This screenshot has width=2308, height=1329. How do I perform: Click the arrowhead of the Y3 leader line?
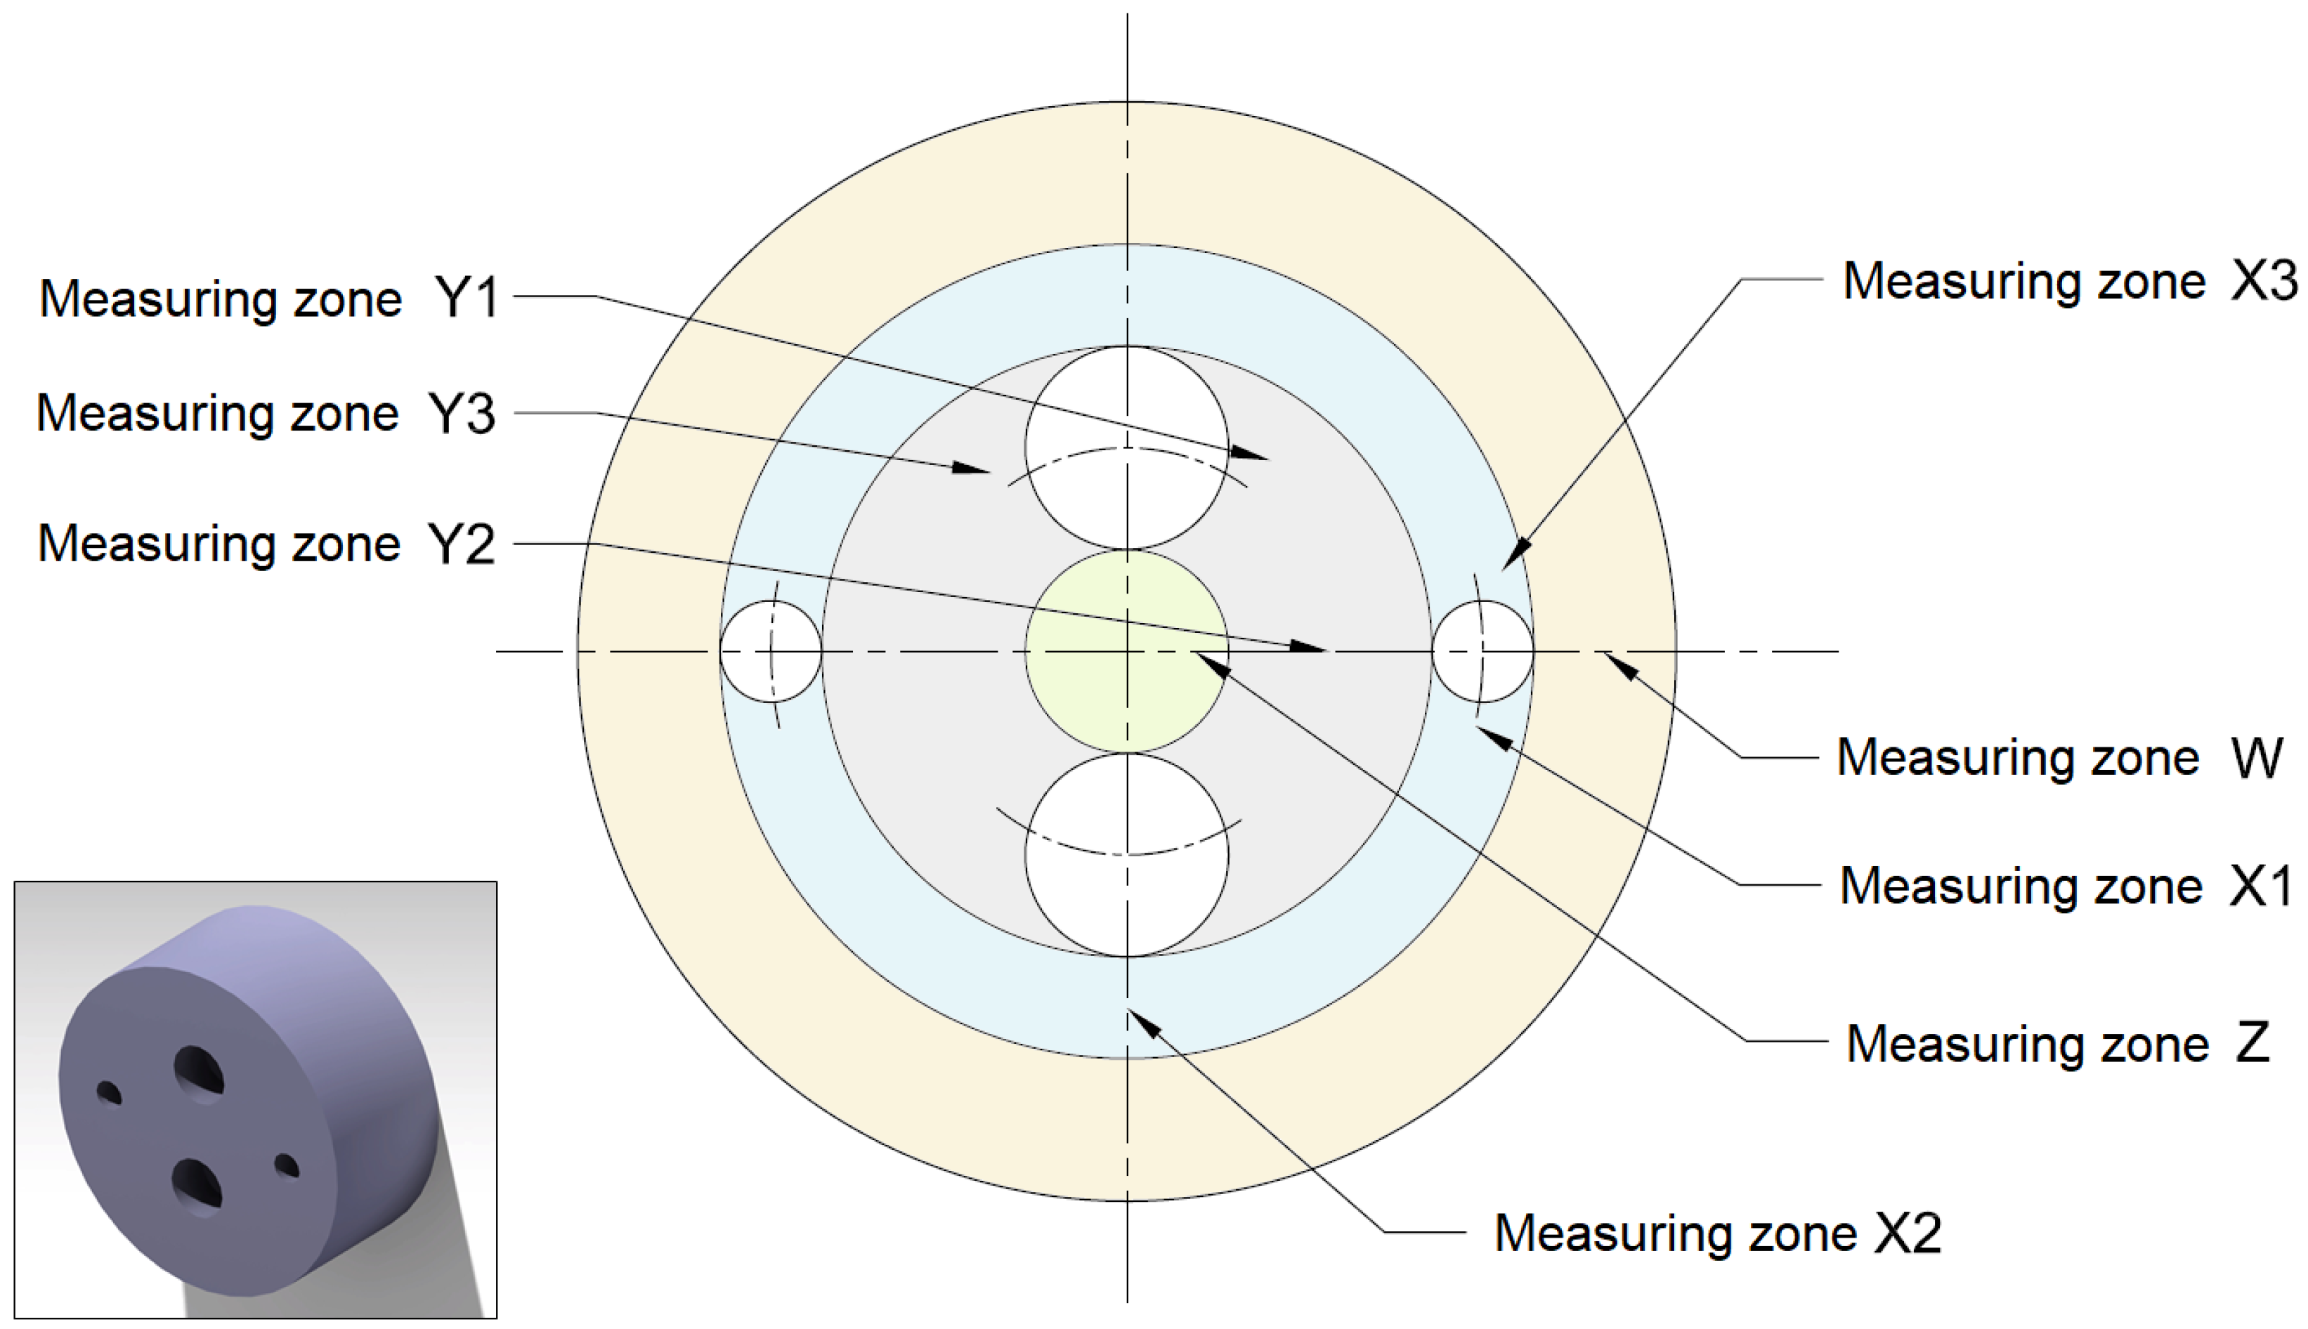coord(972,469)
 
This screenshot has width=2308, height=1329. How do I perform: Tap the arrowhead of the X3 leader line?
coord(1515,555)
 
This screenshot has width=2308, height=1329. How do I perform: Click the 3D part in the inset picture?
coord(247,1095)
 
